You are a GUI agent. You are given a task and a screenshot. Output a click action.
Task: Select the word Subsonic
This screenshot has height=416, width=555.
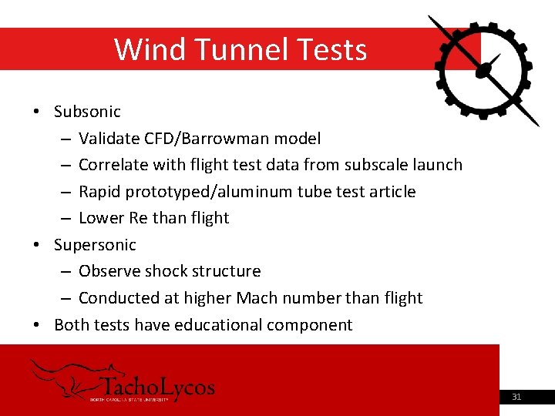tap(87, 112)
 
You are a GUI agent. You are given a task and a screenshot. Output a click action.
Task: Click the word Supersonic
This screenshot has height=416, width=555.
tap(95, 245)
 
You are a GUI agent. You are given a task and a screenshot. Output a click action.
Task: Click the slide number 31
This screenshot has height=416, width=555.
tap(516, 398)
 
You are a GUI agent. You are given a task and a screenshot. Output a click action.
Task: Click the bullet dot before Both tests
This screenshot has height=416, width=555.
tap(38, 325)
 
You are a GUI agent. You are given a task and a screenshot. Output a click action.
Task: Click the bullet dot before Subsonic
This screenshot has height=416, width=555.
tap(38, 112)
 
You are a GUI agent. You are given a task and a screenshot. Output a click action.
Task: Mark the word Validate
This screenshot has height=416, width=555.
tap(109, 139)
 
